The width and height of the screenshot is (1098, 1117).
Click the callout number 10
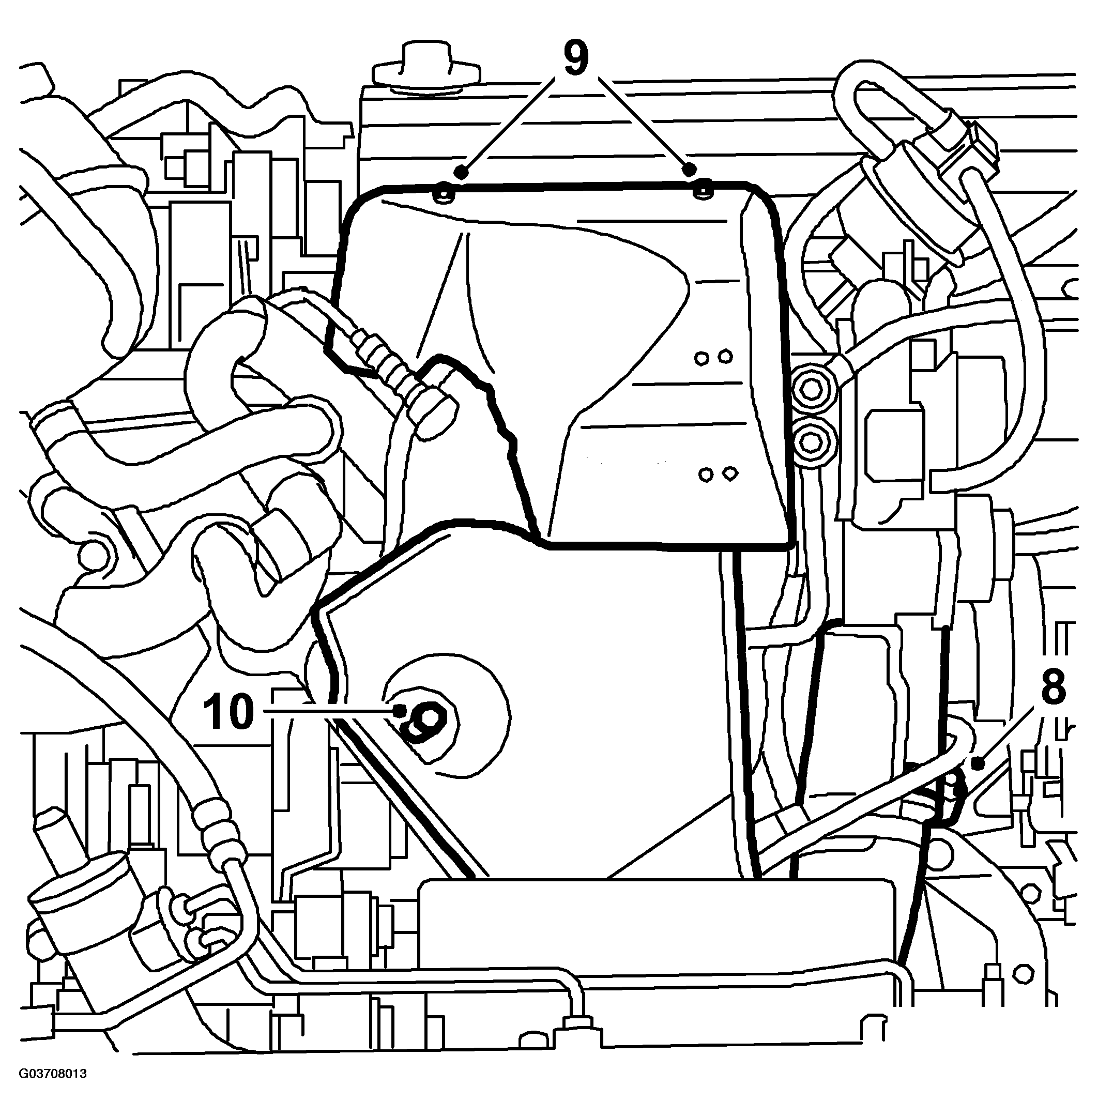tap(228, 712)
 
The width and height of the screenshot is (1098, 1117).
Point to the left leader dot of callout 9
tap(460, 171)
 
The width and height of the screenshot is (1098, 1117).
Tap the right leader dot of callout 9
tap(688, 169)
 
